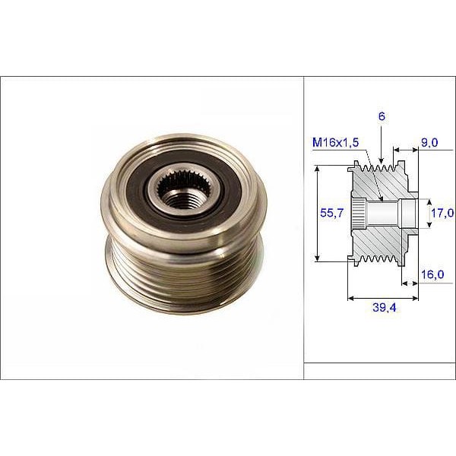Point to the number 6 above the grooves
[382, 116]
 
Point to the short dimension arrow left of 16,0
[410, 283]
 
